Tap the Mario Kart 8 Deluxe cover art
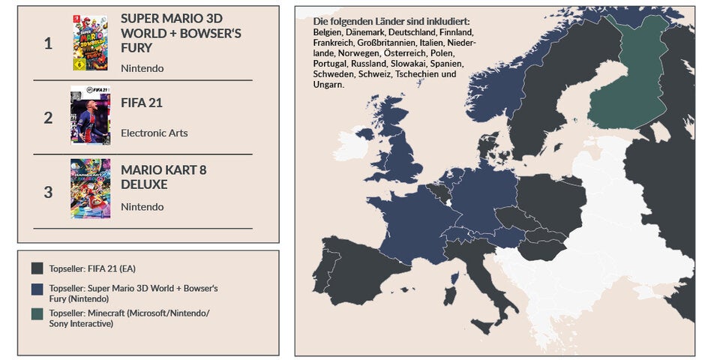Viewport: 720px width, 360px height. (90, 189)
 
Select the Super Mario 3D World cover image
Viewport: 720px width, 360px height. (90, 43)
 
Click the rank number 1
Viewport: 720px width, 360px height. (48, 43)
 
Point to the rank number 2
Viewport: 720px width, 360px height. (48, 118)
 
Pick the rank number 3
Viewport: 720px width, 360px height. (48, 192)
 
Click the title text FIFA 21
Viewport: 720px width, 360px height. (142, 103)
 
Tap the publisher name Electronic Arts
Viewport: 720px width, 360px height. (154, 133)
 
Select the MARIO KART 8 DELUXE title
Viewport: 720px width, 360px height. (163, 177)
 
